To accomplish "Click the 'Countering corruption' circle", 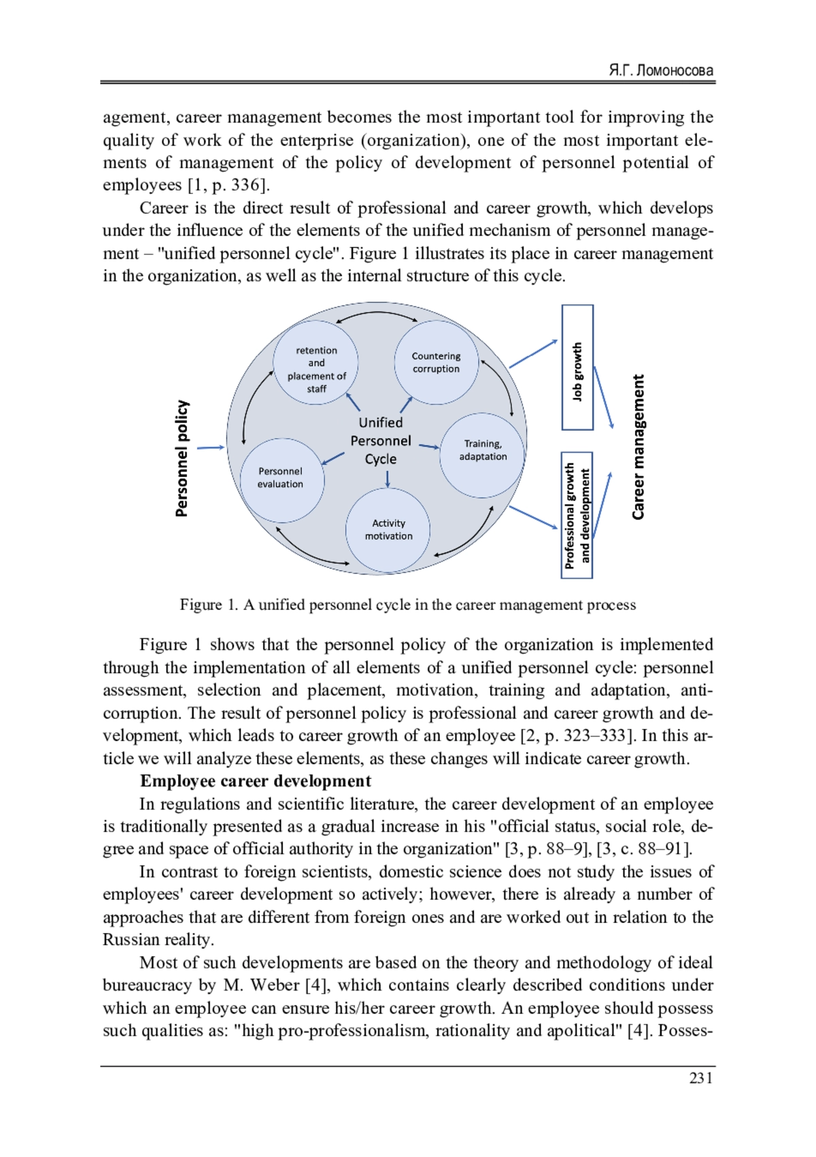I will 436,362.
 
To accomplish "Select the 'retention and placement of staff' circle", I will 316,369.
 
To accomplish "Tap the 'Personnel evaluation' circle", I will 281,478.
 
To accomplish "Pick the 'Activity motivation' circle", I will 388,529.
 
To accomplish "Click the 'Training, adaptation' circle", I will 483,451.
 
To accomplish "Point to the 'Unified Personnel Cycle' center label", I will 381,440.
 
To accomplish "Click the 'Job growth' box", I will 577,368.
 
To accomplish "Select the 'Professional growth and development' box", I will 577,515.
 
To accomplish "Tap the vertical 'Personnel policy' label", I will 182,458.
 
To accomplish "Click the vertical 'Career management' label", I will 638,447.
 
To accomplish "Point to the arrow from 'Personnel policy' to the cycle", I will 210,448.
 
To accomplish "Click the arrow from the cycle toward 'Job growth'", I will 533,354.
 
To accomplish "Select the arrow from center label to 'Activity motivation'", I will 388,478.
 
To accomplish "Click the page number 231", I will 700,1078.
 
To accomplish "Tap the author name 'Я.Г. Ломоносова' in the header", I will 661,70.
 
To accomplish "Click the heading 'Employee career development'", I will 256,781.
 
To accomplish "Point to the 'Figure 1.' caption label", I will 209,605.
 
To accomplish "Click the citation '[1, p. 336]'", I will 228,185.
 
